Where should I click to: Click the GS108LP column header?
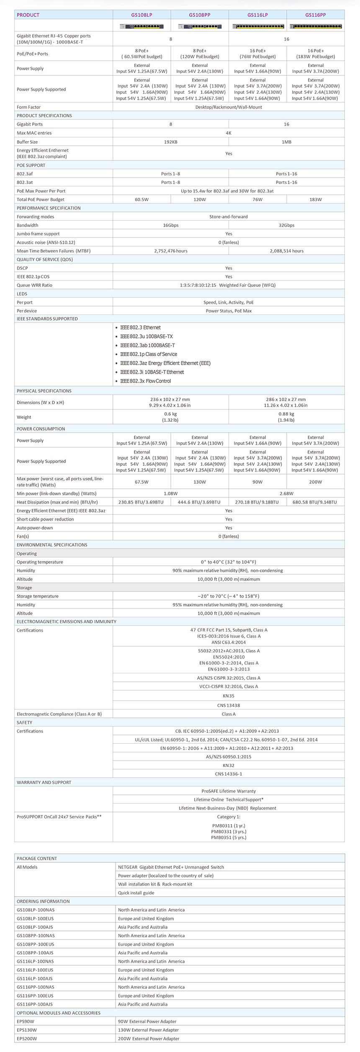pos(141,15)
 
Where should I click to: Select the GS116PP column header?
pos(315,15)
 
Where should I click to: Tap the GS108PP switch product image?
pos(200,26)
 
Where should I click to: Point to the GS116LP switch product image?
pos(257,26)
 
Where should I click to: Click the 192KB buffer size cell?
pos(170,142)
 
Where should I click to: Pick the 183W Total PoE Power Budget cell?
pos(315,200)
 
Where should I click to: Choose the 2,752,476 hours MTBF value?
pos(170,251)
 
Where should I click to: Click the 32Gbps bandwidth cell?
pos(286,225)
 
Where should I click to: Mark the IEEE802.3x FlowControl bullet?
pos(145,381)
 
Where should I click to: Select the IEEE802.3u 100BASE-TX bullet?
pos(146,337)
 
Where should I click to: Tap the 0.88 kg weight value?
pos(286,414)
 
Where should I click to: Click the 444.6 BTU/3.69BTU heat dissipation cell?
pos(200,502)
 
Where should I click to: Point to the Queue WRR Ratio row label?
pos(34,285)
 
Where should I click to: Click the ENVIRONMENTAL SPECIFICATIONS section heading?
pos(52,545)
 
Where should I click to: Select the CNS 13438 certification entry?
pos(229,705)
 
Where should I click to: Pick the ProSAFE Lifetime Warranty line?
pos(229,791)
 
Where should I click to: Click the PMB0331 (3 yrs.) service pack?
pos(229,831)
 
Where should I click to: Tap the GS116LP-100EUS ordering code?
pos(35,970)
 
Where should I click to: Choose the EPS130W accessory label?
pos(27,1030)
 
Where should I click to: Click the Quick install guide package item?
pos(136,893)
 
